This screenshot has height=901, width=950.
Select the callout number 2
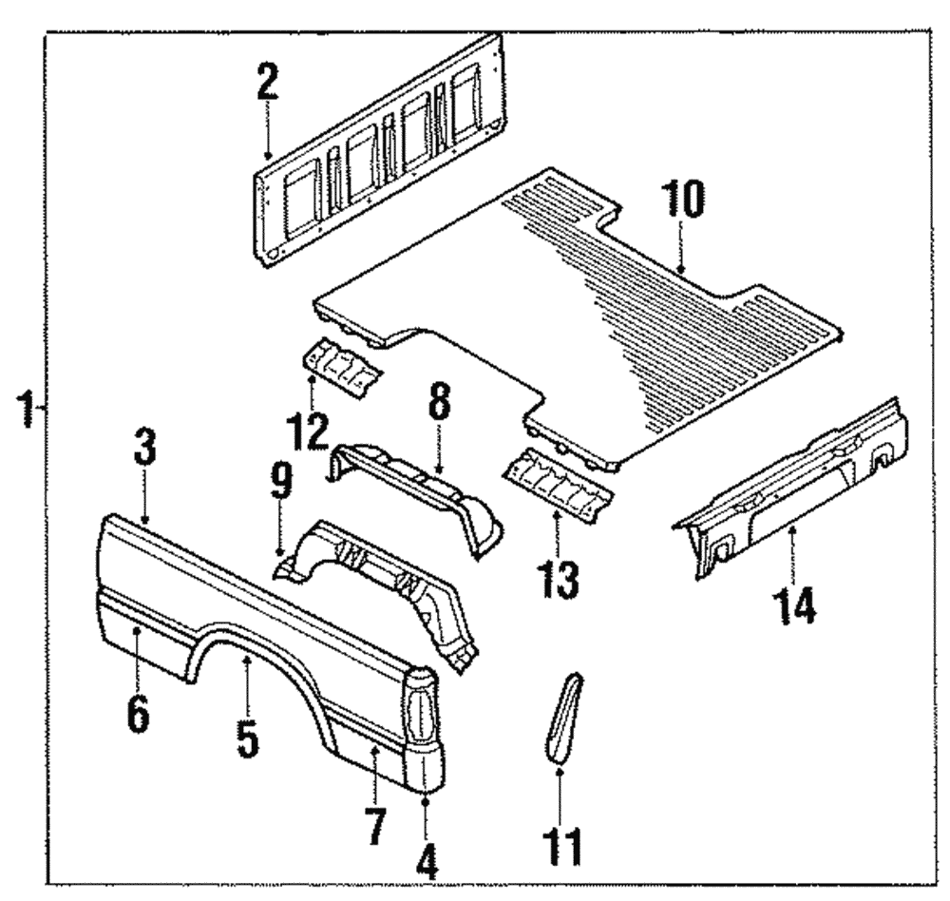[267, 82]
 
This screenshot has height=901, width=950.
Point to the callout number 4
[427, 860]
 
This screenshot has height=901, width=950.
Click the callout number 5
[247, 738]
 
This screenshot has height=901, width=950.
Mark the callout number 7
[375, 825]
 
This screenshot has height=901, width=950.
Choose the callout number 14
[794, 604]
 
